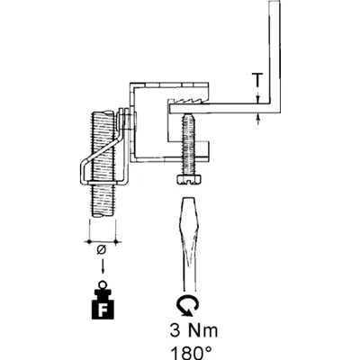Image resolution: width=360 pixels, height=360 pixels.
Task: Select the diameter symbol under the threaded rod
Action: point(102,249)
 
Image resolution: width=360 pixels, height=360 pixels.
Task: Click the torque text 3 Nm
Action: point(193,330)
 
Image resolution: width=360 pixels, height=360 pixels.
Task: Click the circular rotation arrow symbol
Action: point(188,306)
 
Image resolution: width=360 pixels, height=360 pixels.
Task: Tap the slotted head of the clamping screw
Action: point(189,179)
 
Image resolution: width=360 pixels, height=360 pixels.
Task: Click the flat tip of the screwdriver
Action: point(188,199)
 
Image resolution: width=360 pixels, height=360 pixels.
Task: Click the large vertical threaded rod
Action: point(103,164)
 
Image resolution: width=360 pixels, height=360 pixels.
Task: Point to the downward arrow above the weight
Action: point(103,265)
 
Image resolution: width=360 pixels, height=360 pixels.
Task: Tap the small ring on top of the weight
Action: point(103,283)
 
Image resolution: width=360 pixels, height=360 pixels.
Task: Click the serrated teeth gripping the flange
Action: point(189,101)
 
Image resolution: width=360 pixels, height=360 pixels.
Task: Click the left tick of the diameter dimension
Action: point(89,241)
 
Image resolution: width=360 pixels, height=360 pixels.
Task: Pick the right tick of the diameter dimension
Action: point(116,241)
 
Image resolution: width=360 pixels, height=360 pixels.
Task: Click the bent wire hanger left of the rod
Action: point(103,156)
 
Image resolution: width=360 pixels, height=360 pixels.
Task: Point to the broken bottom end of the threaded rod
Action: point(103,215)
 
